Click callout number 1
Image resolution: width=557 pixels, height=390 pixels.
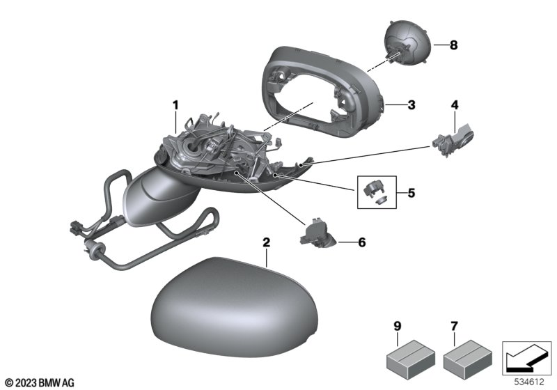[176, 105]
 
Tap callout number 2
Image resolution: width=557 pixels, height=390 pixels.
[266, 243]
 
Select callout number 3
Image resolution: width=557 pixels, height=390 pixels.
[411, 106]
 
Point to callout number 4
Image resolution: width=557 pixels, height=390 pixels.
[455, 106]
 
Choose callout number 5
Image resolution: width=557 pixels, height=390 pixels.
[411, 189]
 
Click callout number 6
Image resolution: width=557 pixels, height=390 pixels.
[361, 243]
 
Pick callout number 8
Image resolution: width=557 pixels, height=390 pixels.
[453, 46]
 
